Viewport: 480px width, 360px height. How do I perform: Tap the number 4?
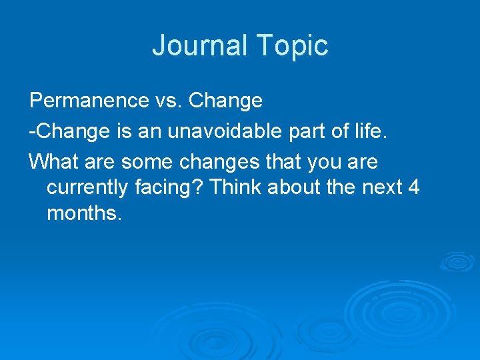[x=414, y=188]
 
